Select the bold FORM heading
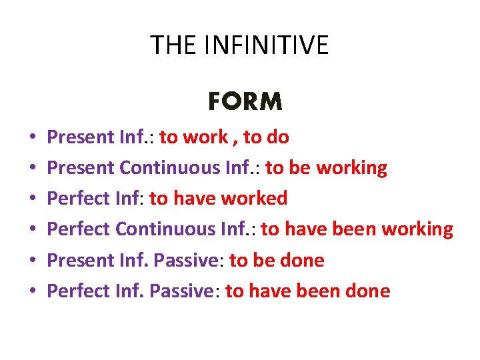tap(245, 102)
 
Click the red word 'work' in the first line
tap(205, 137)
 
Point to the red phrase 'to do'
tap(266, 137)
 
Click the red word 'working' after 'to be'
tap(351, 169)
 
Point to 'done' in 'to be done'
tap(301, 260)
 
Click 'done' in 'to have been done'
tap(367, 291)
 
